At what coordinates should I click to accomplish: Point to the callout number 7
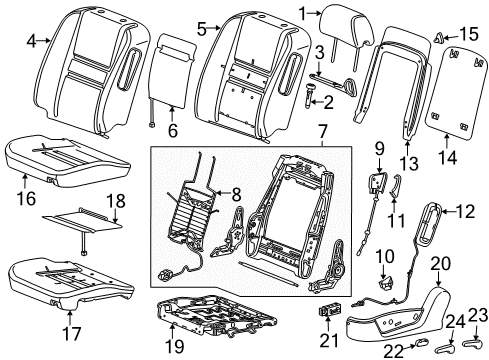[321, 132]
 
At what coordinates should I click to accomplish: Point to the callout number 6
[172, 129]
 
